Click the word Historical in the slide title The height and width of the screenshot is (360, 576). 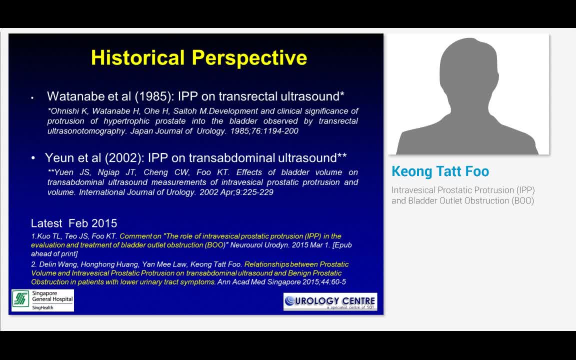point(138,57)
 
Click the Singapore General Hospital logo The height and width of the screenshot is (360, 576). point(42,300)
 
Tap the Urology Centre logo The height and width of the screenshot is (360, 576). point(330,301)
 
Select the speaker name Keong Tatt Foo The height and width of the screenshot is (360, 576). point(440,171)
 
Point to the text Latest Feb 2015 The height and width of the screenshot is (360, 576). point(74,223)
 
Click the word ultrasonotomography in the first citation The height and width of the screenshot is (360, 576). point(86,131)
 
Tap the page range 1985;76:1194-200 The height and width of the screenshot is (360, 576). point(264,131)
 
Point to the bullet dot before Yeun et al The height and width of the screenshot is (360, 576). point(33,158)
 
